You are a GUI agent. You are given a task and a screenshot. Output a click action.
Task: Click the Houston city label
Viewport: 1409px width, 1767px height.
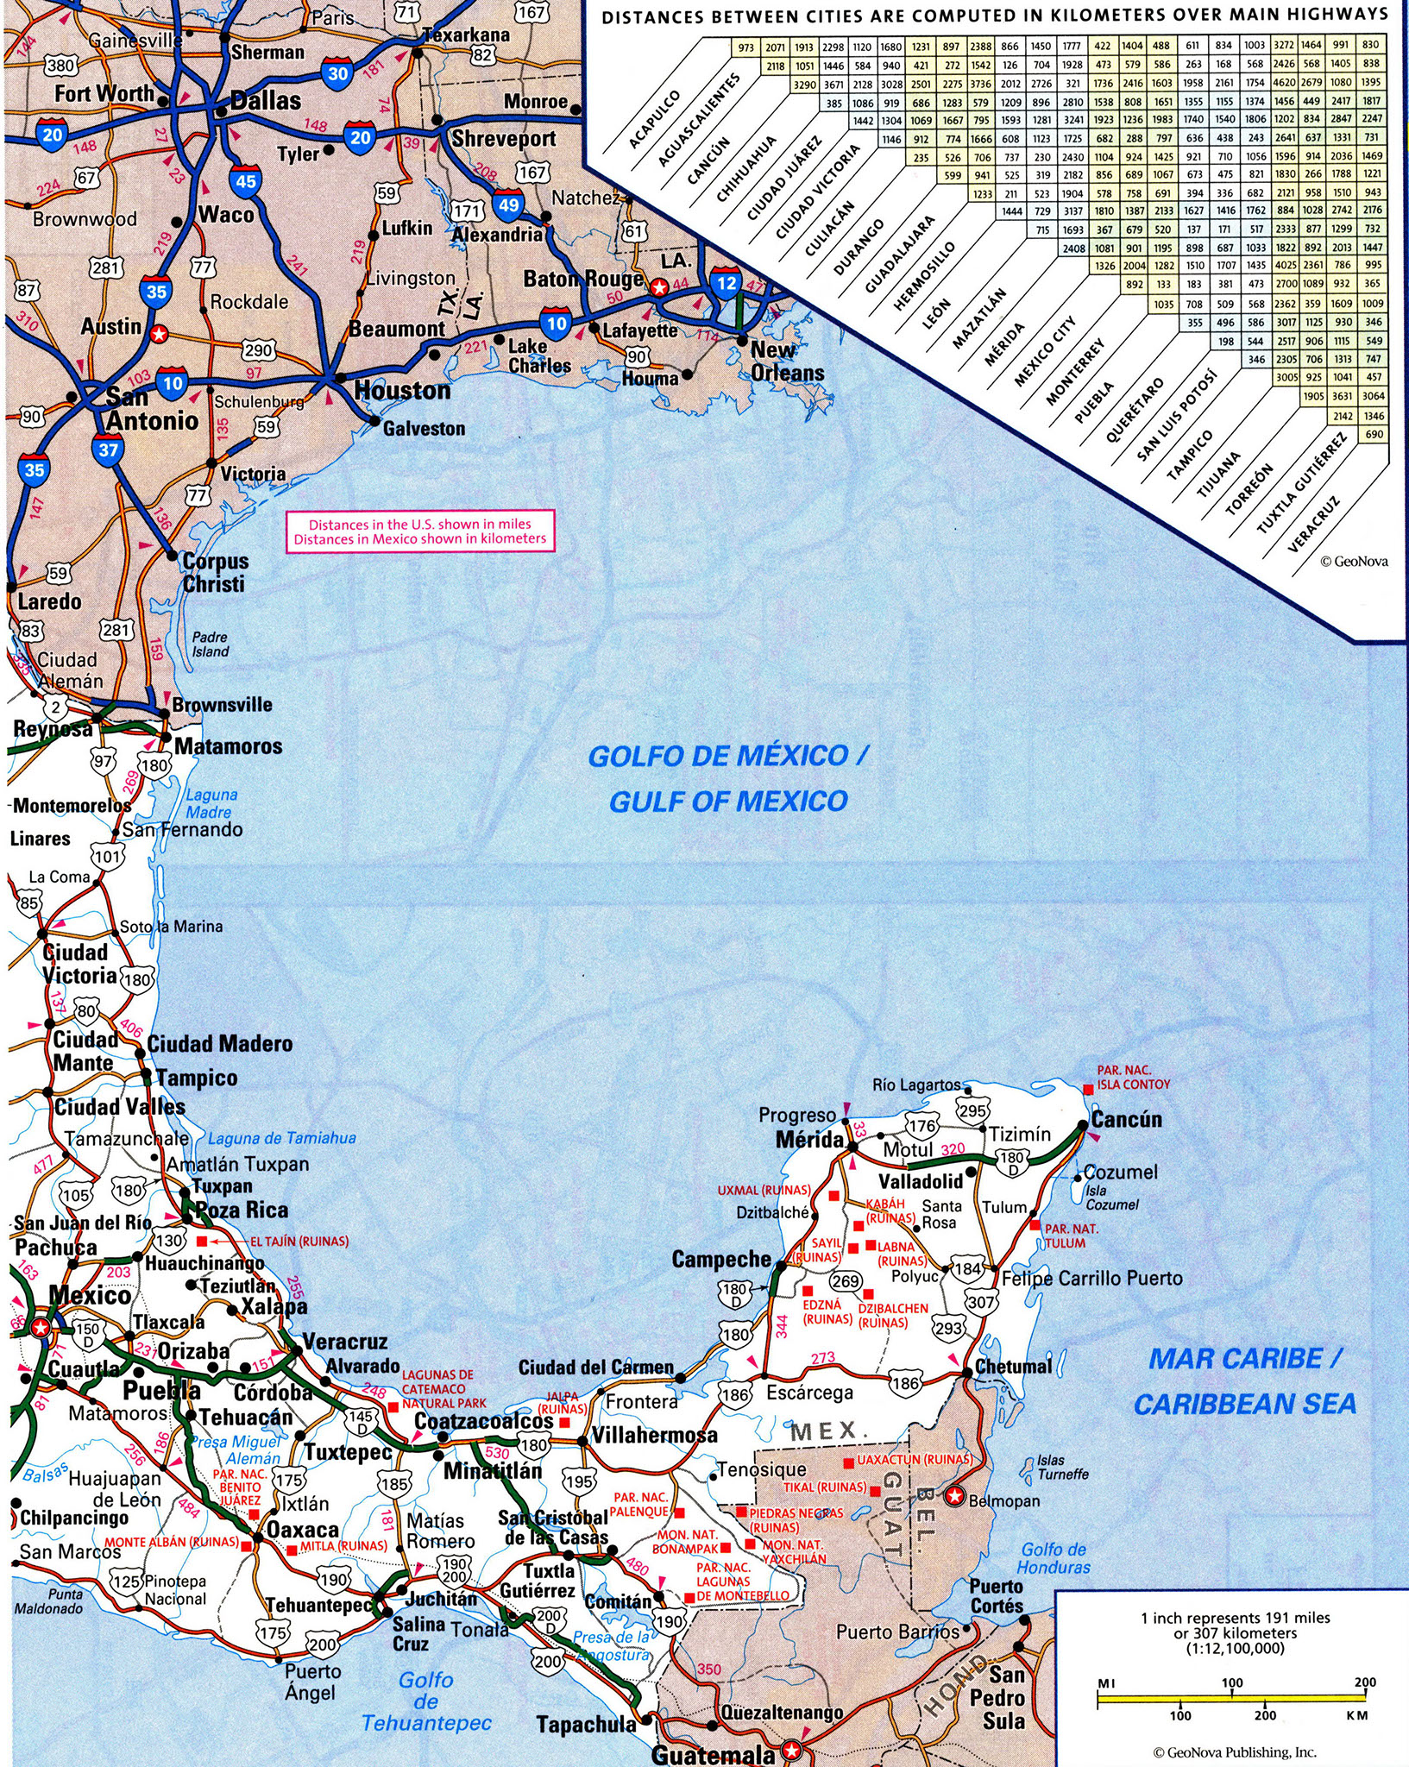click(402, 391)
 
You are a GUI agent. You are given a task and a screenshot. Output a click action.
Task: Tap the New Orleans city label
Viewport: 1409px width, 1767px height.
click(786, 362)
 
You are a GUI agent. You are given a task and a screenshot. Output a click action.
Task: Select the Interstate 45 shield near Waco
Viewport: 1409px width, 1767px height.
click(245, 180)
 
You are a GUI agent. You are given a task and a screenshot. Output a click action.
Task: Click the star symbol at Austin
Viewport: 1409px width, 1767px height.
click(158, 332)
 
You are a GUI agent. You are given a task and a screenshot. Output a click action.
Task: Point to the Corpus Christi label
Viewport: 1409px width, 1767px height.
click(214, 572)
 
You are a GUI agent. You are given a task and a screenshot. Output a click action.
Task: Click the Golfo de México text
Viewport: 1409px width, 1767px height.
click(727, 757)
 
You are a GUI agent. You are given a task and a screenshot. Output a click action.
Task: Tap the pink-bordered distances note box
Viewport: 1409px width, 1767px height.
click(420, 531)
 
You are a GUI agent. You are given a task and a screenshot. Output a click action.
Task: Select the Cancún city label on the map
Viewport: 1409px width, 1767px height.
click(1126, 1119)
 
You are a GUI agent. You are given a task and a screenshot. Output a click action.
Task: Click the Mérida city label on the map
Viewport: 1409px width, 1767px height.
click(809, 1140)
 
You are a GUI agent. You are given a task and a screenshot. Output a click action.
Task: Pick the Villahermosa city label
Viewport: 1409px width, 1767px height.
click(655, 1436)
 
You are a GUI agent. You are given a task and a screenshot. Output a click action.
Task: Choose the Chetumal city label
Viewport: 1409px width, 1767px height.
click(1013, 1368)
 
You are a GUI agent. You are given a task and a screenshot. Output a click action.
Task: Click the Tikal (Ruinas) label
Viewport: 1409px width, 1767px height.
click(825, 1487)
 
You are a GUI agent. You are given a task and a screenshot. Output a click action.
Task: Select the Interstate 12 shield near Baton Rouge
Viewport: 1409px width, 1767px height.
click(727, 282)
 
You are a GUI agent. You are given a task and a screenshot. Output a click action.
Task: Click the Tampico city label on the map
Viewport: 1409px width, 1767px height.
click(197, 1078)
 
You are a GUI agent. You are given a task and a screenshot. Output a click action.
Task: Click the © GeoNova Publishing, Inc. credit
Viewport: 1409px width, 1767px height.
click(1234, 1751)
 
